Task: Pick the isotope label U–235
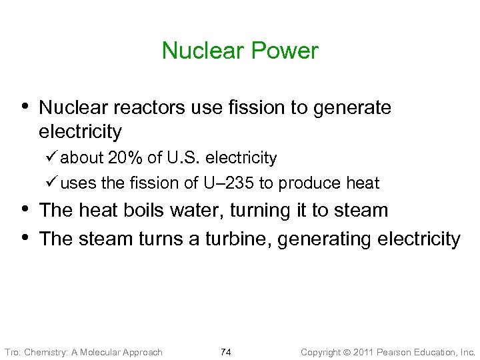(x=231, y=183)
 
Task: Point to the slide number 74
(x=225, y=352)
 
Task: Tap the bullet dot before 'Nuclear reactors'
(x=26, y=105)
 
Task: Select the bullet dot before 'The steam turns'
(x=26, y=237)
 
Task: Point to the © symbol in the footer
(x=345, y=352)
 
